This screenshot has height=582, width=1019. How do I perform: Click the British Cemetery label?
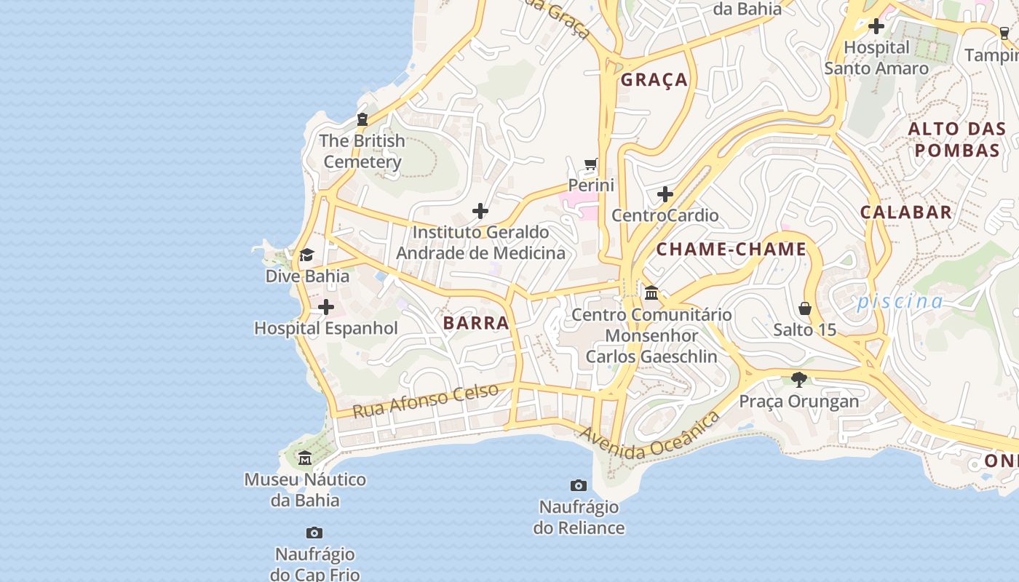click(362, 151)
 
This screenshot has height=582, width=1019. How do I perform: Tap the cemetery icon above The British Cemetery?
click(362, 119)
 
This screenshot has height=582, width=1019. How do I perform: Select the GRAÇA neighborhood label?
click(654, 80)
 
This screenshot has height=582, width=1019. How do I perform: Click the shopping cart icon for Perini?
click(591, 164)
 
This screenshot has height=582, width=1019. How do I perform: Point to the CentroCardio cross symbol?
click(665, 194)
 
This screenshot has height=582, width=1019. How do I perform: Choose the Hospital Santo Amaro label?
click(876, 58)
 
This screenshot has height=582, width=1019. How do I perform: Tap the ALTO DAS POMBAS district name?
click(957, 140)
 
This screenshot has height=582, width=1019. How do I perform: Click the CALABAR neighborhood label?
click(906, 212)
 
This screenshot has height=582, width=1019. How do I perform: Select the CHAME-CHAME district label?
click(731, 250)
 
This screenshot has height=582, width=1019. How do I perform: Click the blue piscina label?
click(900, 301)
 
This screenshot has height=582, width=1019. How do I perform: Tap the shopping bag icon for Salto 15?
click(805, 308)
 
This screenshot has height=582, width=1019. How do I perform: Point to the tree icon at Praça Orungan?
click(799, 379)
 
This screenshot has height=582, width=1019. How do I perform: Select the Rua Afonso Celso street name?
click(426, 400)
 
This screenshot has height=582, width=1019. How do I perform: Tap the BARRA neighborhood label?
click(476, 323)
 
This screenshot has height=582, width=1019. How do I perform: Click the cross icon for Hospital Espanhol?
click(326, 307)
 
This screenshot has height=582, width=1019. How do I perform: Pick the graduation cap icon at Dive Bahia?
click(307, 255)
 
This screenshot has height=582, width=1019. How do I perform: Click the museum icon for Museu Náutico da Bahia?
click(305, 458)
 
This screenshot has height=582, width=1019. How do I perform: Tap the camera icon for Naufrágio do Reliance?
click(579, 485)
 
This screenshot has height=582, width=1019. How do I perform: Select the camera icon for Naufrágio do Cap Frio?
click(314, 533)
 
